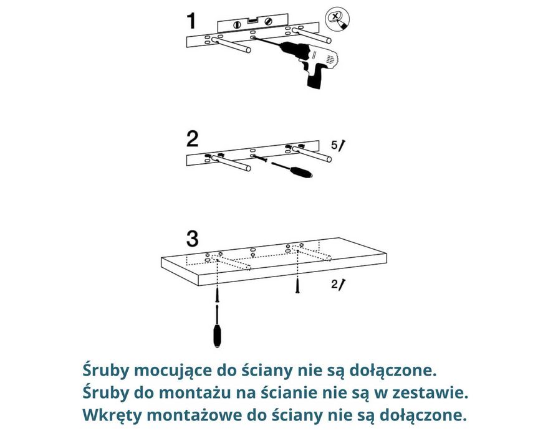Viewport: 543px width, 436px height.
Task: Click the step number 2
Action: click(192, 137)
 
